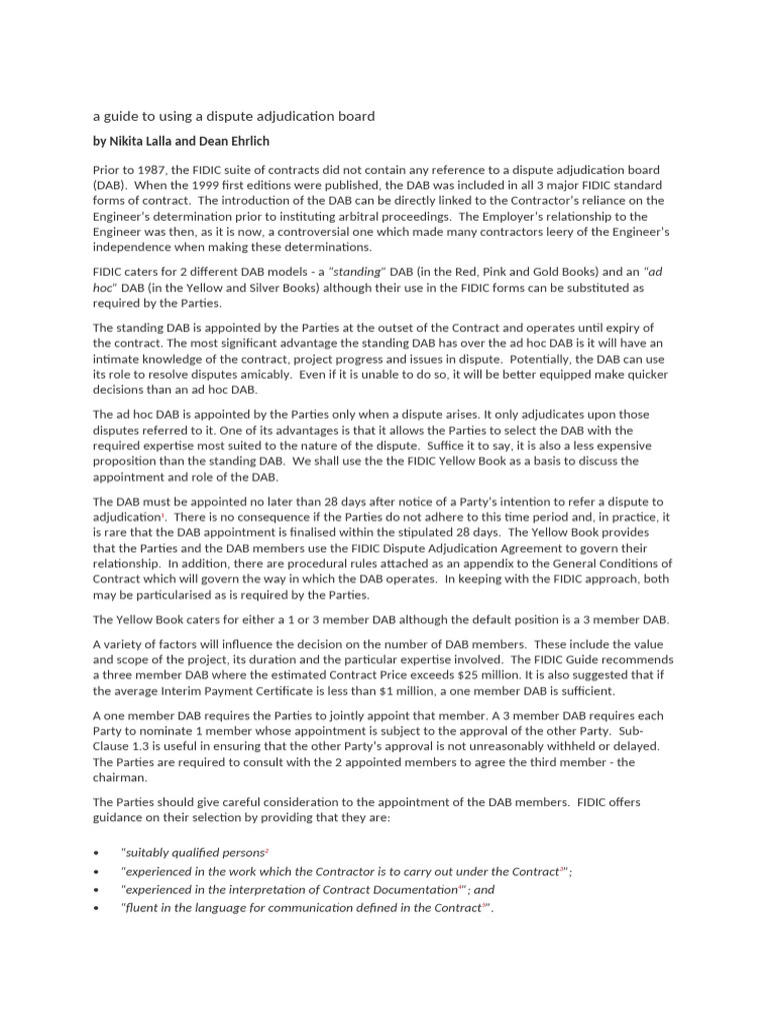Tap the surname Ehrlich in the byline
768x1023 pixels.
(x=247, y=141)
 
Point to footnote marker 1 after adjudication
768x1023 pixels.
(x=161, y=514)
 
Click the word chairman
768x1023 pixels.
(x=120, y=777)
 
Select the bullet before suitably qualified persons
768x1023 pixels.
(x=96, y=853)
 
